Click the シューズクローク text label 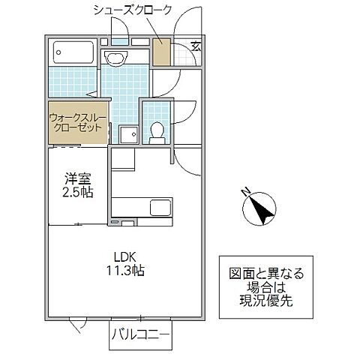132,10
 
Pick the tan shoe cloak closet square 161,52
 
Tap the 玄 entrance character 195,46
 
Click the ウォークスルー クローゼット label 76,122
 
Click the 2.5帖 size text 77,192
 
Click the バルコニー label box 140,334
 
